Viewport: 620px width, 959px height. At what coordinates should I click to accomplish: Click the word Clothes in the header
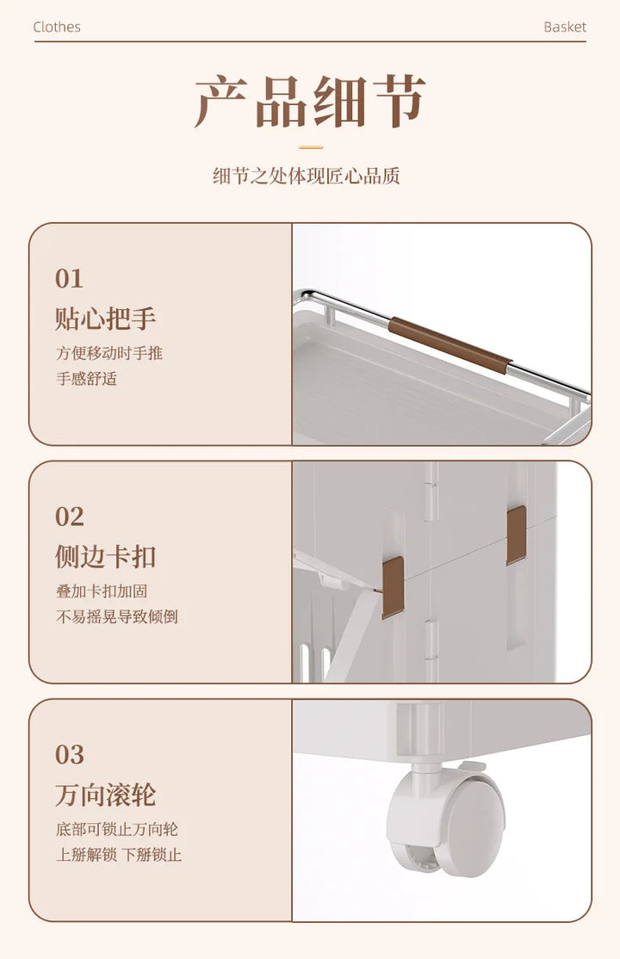coord(57,27)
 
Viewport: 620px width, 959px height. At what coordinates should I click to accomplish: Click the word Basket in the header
coord(564,27)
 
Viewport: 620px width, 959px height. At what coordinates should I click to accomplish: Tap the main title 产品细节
coord(310,102)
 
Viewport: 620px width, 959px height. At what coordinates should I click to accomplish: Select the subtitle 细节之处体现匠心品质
coord(306,176)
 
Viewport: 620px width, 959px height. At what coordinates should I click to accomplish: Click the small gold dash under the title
coord(310,147)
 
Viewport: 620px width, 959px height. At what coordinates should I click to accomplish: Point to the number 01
coord(69,279)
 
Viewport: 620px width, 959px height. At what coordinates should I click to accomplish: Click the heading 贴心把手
coord(105,319)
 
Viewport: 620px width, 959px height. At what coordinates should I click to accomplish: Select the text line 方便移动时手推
coord(109,353)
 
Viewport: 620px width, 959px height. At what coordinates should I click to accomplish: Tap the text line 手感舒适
coord(86,379)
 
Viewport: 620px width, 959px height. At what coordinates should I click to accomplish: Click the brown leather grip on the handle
coord(449,344)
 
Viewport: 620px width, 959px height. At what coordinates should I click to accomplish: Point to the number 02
coord(69,517)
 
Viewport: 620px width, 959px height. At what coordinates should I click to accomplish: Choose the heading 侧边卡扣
coord(105,557)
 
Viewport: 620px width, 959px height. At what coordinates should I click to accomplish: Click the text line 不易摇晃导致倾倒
coord(117,616)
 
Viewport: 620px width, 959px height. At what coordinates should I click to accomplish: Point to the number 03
coord(69,755)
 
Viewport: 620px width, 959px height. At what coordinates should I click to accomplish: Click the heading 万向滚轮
coord(105,795)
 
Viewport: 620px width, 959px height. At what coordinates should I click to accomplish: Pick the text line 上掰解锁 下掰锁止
coord(119,855)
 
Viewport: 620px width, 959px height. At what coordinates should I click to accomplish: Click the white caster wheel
coord(446,820)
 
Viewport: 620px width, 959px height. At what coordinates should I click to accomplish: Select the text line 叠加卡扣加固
coord(102,591)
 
